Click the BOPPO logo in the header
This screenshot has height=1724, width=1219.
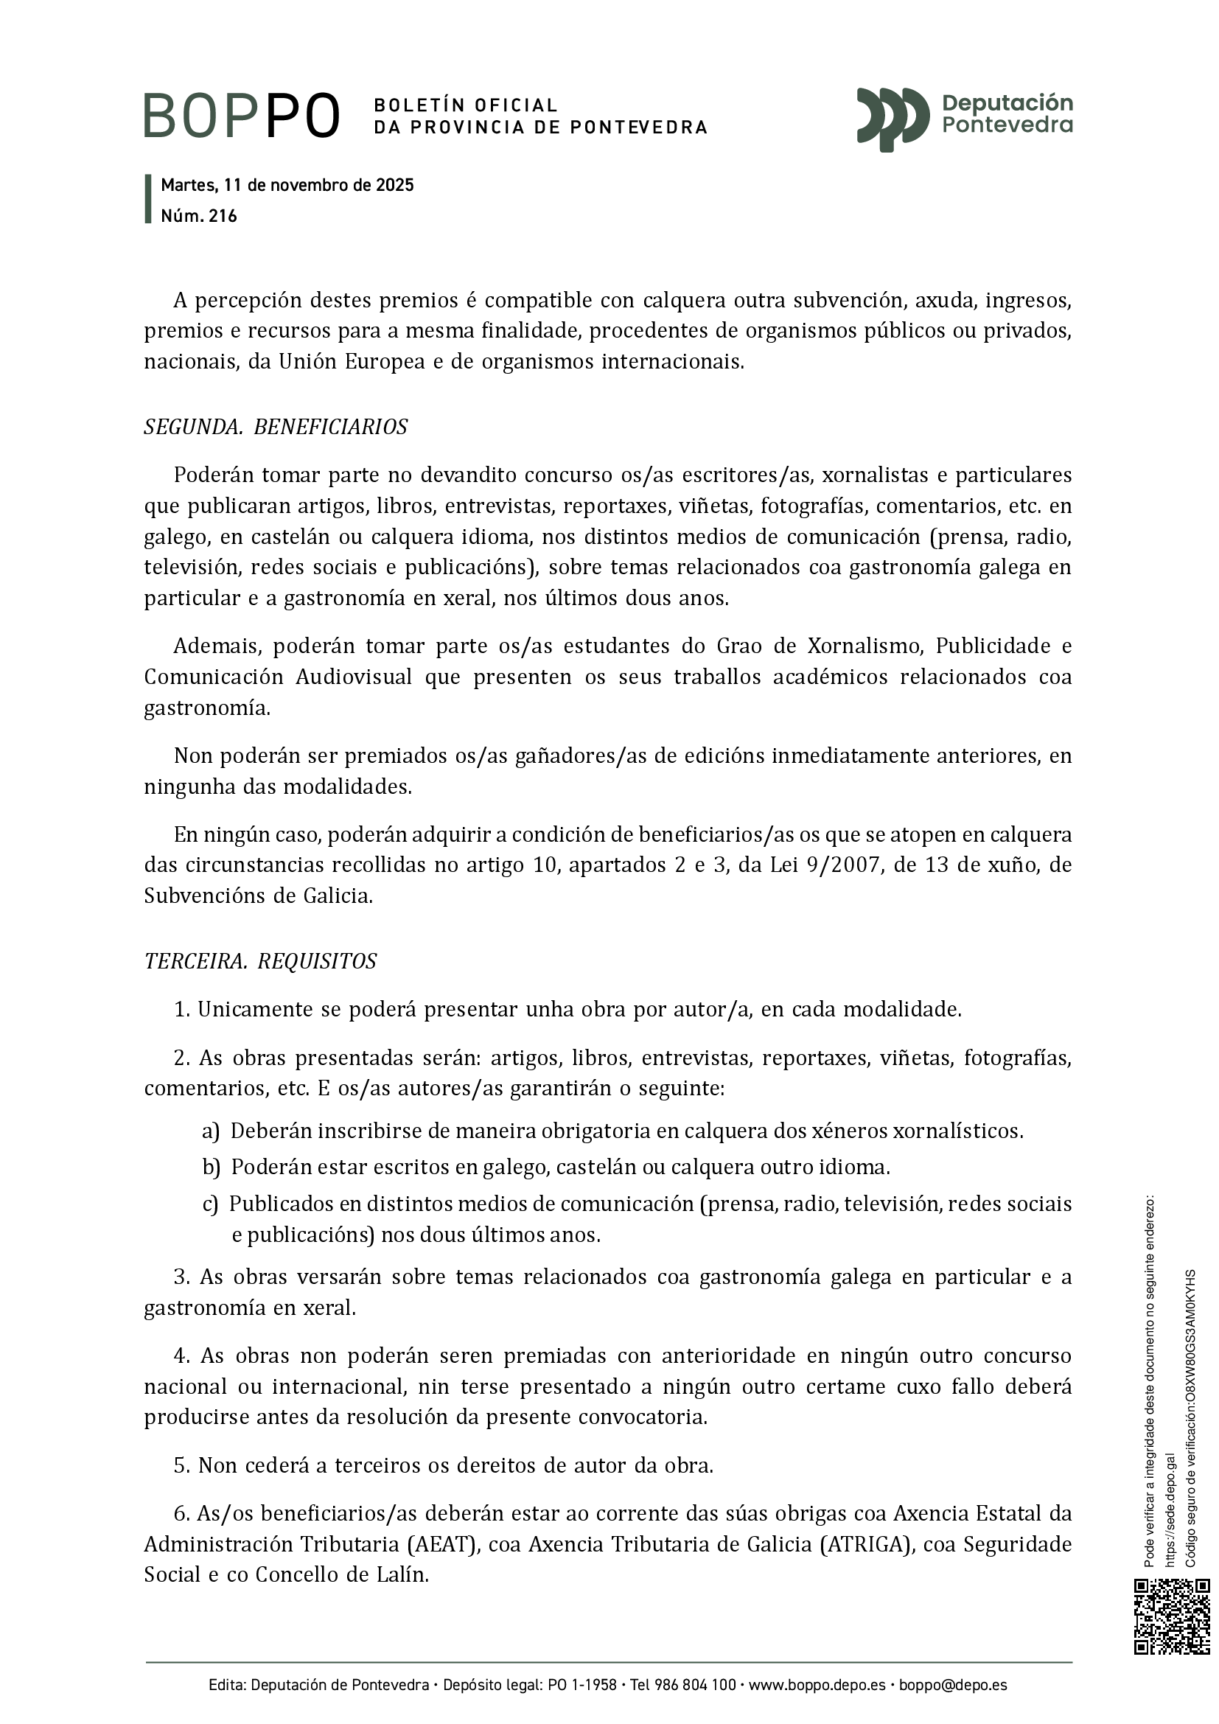click(x=242, y=116)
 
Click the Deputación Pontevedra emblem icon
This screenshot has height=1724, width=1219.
click(x=893, y=118)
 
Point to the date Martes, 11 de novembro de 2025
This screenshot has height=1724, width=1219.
click(x=287, y=186)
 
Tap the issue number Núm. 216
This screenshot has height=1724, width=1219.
click(x=199, y=216)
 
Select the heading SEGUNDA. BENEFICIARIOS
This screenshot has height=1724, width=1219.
click(x=276, y=427)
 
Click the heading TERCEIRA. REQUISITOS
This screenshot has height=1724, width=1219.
click(x=260, y=961)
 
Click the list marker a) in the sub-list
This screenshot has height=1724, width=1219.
click(x=210, y=1131)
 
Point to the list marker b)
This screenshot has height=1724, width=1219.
click(x=210, y=1168)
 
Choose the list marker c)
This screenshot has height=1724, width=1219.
click(x=210, y=1204)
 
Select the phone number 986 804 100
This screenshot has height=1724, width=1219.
click(x=694, y=1686)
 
